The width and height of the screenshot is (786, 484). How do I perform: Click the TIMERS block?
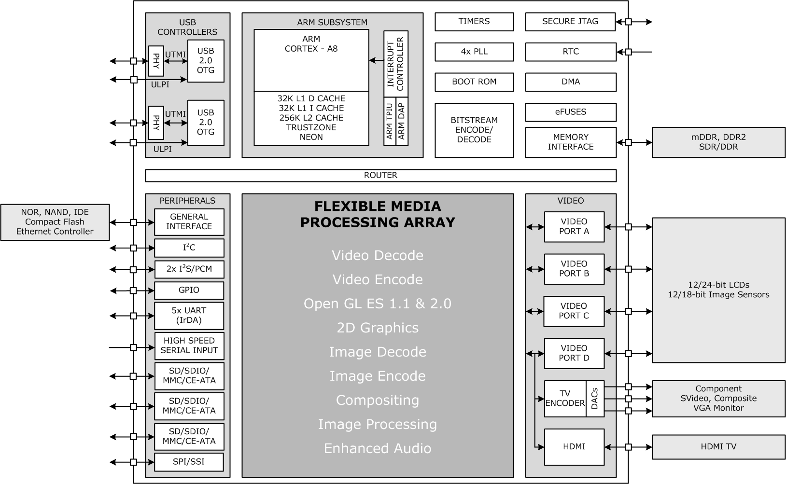click(x=474, y=22)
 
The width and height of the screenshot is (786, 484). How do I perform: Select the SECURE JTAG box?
click(x=570, y=22)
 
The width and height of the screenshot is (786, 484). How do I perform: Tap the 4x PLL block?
click(x=474, y=52)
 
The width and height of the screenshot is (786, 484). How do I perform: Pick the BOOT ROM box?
click(x=474, y=82)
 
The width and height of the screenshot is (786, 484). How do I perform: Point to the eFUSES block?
click(x=570, y=112)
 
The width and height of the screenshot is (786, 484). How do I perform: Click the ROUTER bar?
click(x=380, y=175)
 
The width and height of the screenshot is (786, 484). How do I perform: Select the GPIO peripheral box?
click(x=189, y=290)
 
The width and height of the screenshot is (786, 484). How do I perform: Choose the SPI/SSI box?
click(x=189, y=462)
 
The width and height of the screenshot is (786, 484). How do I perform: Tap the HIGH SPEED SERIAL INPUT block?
click(x=189, y=346)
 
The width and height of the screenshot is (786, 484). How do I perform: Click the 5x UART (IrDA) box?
click(x=189, y=316)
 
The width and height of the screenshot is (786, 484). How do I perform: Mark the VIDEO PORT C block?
click(x=574, y=311)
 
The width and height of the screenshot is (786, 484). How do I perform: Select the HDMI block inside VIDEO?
click(x=574, y=447)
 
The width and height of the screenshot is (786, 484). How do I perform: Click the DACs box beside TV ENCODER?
click(x=594, y=399)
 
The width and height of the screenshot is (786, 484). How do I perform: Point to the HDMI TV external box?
click(x=718, y=447)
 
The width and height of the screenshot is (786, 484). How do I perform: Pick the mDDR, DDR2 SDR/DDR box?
click(x=718, y=142)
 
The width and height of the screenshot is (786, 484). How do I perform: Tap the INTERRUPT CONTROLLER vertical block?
click(x=396, y=64)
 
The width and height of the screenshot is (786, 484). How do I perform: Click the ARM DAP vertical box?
click(x=402, y=122)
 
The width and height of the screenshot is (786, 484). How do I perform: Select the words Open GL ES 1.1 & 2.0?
click(x=377, y=304)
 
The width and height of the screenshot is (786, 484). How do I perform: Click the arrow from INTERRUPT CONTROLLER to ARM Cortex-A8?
click(x=376, y=60)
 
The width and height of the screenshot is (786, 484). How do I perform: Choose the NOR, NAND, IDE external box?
click(x=55, y=222)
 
